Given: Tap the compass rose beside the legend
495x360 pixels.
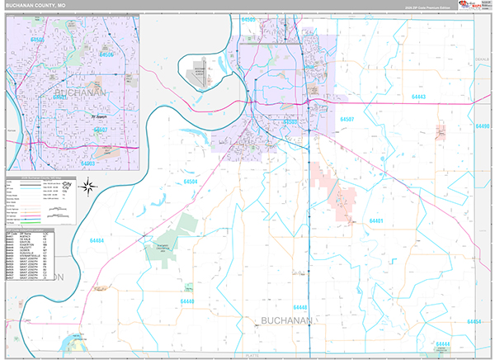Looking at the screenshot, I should coord(85,188).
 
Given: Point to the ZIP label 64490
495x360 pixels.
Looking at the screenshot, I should coord(483,126).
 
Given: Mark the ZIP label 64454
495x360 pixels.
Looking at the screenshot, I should coord(474,321).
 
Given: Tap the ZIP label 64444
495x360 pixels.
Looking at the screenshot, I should coord(443,343).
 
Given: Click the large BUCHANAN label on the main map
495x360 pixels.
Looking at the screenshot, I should coord(285,320).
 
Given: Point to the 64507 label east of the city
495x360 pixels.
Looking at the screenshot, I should coord(346,120).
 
